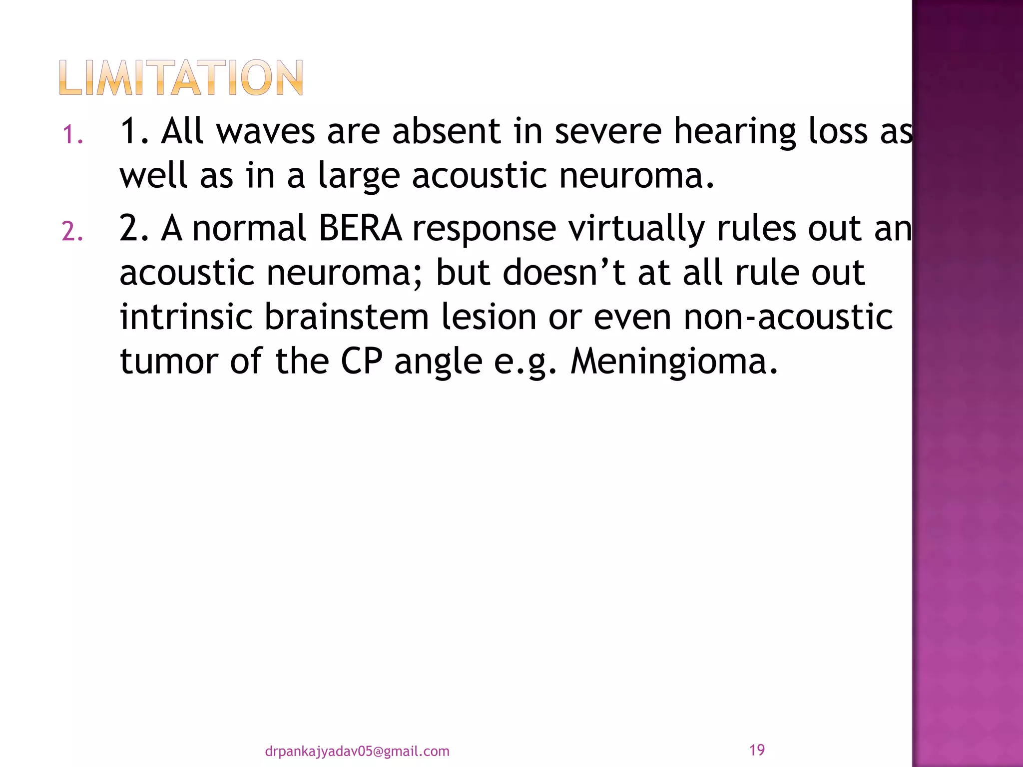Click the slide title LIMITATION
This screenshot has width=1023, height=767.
tap(181, 78)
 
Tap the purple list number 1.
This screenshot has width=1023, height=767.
tap(72, 135)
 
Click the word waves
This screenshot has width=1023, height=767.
tap(265, 131)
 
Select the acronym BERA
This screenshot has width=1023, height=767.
tap(360, 229)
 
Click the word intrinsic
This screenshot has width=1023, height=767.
tap(186, 317)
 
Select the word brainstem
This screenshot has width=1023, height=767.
tap(346, 317)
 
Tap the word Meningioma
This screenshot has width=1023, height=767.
tap(674, 362)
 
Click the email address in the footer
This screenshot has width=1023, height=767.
tap(357, 751)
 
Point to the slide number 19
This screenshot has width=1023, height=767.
tap(757, 750)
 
